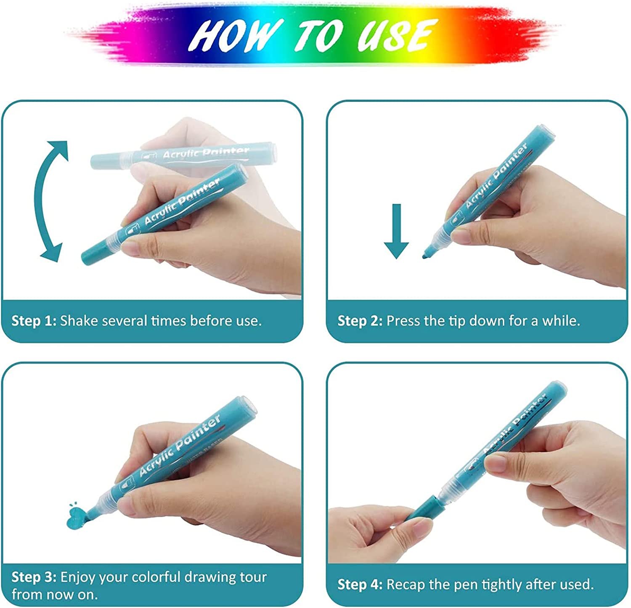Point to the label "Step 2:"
tap(360, 321)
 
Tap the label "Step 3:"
tap(34, 577)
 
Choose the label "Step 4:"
tap(360, 584)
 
